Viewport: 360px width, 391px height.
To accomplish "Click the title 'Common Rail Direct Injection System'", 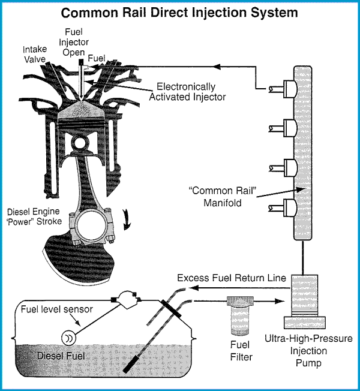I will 180,12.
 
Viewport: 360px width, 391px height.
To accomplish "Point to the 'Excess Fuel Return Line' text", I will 230,279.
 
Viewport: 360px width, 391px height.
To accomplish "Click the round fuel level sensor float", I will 70,338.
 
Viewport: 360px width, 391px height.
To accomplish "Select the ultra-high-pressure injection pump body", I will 307,300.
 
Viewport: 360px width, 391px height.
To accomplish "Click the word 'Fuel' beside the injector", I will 97,58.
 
